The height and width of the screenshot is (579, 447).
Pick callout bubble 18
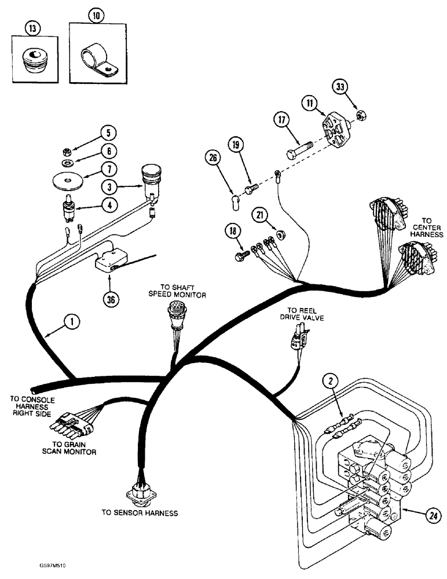[233, 232]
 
